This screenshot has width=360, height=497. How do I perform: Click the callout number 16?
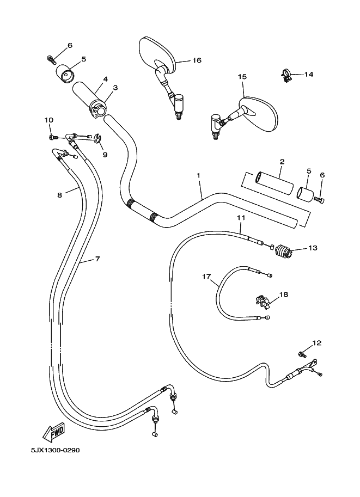pos(197,60)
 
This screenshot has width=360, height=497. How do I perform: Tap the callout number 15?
pos(242,77)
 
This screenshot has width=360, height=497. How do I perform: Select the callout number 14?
pos(308,74)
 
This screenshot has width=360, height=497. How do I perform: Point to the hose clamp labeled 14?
pos(285,75)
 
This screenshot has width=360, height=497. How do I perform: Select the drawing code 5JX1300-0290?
pos(52,451)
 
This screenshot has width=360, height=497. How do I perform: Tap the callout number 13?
pos(313,248)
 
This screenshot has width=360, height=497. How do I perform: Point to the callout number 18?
pos(284,294)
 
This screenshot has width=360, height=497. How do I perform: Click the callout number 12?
pos(316,343)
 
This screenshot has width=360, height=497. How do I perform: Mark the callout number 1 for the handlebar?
pos(199,176)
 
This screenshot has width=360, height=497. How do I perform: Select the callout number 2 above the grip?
pos(282,162)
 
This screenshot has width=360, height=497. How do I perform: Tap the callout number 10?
pos(48,120)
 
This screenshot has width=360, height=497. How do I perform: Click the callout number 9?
pos(105,155)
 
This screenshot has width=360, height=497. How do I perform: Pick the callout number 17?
pos(206,277)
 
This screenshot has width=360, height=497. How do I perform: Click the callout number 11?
pos(240,218)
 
